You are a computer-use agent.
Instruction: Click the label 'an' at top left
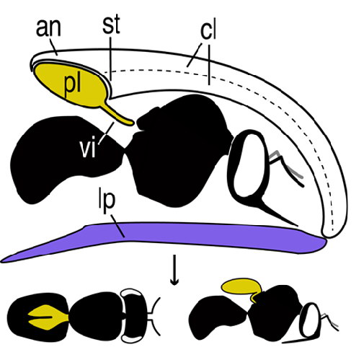pyautogui.click(x=48, y=28)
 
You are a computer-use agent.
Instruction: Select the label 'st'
pyautogui.click(x=111, y=25)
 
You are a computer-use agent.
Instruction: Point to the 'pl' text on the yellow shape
pyautogui.click(x=72, y=84)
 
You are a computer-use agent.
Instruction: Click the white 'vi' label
pyautogui.click(x=88, y=149)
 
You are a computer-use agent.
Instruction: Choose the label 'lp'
pyautogui.click(x=107, y=203)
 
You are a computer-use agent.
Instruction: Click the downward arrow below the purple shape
pyautogui.click(x=174, y=270)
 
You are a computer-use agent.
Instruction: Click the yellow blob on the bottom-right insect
pyautogui.click(x=242, y=288)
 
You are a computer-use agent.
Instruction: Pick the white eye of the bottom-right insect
pyautogui.click(x=310, y=320)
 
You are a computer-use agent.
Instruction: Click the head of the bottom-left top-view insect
pyautogui.click(x=135, y=315)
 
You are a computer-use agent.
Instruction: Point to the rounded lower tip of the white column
pyautogui.click(x=331, y=233)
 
